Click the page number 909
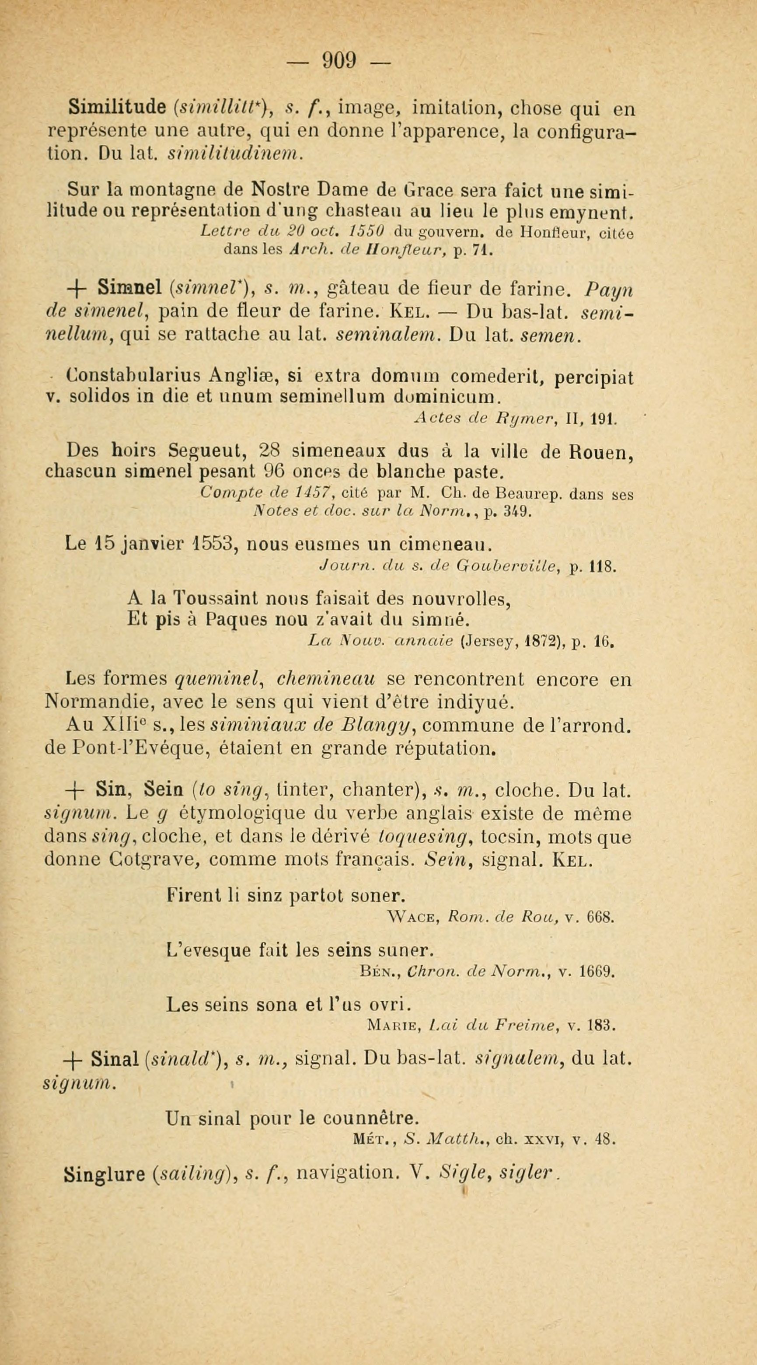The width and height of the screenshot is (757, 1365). pos(339,60)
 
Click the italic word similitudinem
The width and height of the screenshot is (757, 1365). pos(234,154)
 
